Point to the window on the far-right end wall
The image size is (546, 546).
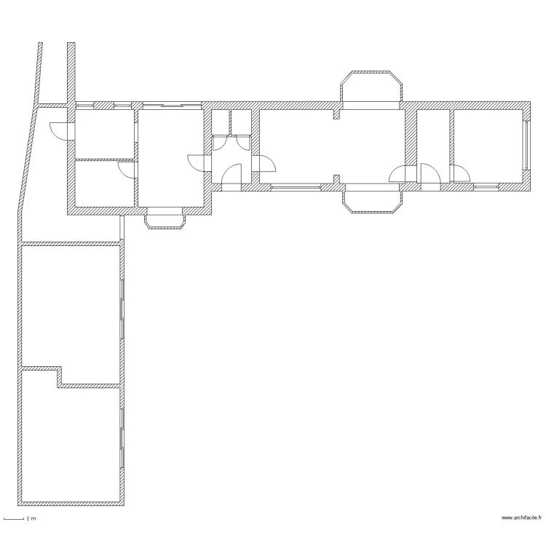[526, 146]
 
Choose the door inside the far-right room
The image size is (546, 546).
[460, 174]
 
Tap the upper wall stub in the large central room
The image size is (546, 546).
[336, 114]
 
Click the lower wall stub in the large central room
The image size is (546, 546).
[336, 179]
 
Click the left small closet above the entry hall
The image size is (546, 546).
[221, 122]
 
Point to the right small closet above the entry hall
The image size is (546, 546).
[241, 122]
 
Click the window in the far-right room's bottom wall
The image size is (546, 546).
[485, 187]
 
